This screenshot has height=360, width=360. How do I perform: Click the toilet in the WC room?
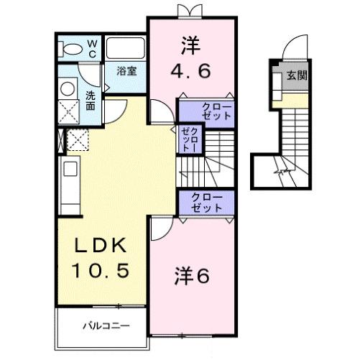click(72, 49)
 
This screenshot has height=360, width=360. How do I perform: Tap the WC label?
click(93, 48)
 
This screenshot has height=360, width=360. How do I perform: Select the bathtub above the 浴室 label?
click(126, 48)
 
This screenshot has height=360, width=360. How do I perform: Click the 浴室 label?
click(128, 71)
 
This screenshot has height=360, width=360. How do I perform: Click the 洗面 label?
click(91, 101)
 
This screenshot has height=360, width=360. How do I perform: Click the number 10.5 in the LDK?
click(101, 271)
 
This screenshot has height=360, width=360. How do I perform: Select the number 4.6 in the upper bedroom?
click(191, 72)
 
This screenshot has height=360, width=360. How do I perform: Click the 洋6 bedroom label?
click(192, 275)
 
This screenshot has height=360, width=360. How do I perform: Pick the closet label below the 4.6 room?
click(206, 111)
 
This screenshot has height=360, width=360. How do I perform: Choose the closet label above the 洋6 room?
click(206, 202)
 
